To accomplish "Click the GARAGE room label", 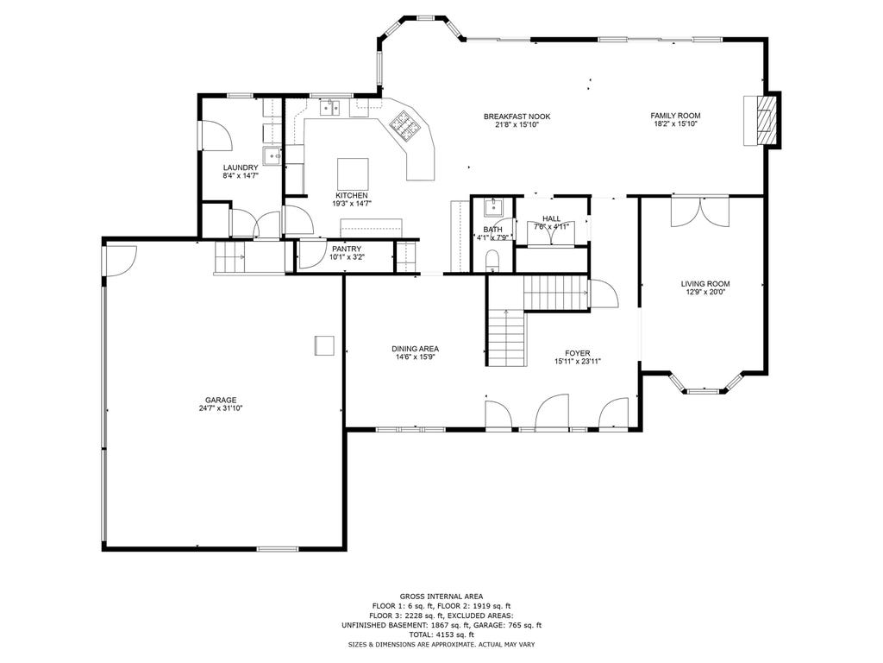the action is pyautogui.click(x=221, y=401).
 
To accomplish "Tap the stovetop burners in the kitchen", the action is pyautogui.click(x=405, y=124).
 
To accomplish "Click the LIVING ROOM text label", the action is pyautogui.click(x=705, y=284).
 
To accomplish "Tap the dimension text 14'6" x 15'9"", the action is pyautogui.click(x=415, y=357).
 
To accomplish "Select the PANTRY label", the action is pyautogui.click(x=347, y=249).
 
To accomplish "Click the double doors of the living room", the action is pyautogui.click(x=700, y=212).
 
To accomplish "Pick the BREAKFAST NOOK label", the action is pyautogui.click(x=517, y=117).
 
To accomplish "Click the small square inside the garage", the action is pyautogui.click(x=324, y=345).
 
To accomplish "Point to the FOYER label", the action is pyautogui.click(x=578, y=353).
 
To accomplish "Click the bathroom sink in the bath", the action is pyautogui.click(x=494, y=207).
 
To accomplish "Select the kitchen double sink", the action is pyautogui.click(x=330, y=107).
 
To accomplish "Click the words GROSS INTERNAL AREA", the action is pyautogui.click(x=441, y=597).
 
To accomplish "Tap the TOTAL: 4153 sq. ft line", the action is pyautogui.click(x=441, y=635).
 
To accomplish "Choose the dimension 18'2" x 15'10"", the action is pyautogui.click(x=676, y=124).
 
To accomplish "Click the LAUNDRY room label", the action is pyautogui.click(x=241, y=167).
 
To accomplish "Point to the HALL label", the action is pyautogui.click(x=551, y=218).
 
